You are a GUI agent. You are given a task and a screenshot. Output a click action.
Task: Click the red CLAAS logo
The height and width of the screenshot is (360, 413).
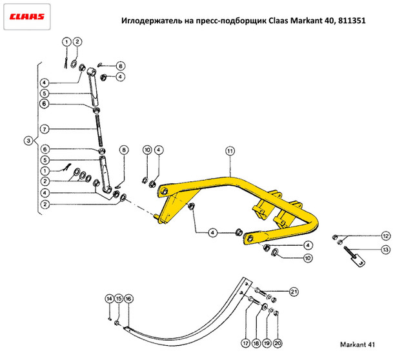tap(27, 17)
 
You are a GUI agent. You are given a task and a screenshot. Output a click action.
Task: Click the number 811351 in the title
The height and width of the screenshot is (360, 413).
tap(352, 21)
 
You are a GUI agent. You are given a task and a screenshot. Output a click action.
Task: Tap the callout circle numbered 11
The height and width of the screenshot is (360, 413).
tap(230, 151)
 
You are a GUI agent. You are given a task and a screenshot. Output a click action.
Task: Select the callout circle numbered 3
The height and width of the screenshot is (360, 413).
tap(28, 141)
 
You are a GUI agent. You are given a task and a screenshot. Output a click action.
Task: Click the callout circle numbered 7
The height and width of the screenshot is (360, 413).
tap(45, 129)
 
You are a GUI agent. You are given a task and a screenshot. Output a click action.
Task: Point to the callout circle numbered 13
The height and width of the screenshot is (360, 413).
tap(386, 250)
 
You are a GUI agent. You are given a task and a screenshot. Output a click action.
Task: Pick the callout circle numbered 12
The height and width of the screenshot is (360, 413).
tap(386, 236)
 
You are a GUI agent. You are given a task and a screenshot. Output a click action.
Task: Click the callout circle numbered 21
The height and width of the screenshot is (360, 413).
tap(294, 292)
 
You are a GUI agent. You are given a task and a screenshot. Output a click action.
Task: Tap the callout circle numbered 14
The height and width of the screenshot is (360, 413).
tap(109, 299)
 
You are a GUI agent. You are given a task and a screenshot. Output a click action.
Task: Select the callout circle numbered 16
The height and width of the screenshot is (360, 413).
tap(128, 299)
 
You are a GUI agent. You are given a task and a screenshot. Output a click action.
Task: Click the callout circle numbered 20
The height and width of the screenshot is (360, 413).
tap(277, 343)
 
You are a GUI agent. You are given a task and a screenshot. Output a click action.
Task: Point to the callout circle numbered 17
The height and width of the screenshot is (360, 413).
tap(245, 343)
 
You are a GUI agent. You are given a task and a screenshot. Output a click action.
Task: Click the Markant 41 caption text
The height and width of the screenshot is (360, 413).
tap(358, 345)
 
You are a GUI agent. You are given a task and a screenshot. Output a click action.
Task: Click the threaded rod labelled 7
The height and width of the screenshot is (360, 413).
tap(99, 130)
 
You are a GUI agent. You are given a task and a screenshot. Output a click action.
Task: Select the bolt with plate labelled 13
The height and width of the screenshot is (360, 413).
tap(354, 257)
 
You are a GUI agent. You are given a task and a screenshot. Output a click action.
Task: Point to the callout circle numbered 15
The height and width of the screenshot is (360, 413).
tap(119, 299)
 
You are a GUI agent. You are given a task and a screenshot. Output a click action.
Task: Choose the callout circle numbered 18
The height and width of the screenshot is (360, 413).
tap(256, 343)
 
